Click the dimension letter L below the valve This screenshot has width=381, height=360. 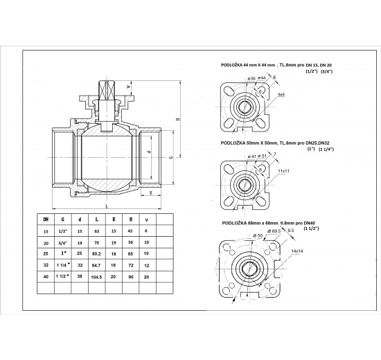tap(105, 206)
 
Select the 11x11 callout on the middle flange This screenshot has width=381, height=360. tap(283, 170)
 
